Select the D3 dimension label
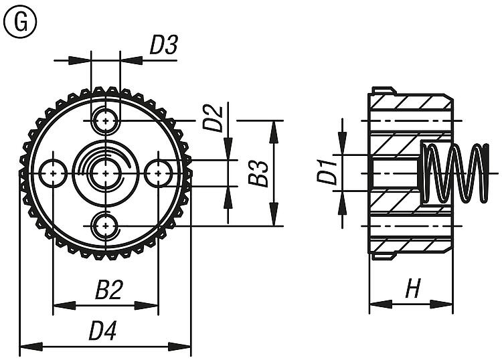point(163,45)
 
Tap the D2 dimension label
point(212,118)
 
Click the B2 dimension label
point(108,290)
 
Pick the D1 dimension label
point(326,172)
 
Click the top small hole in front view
point(105,120)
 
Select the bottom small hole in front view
point(105,225)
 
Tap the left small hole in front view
point(53,173)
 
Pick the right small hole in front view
point(158,173)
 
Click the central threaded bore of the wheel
point(105,173)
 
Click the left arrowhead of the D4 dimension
point(27,347)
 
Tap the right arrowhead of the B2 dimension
point(152,306)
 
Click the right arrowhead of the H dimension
point(444,305)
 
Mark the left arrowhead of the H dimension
point(376,305)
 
